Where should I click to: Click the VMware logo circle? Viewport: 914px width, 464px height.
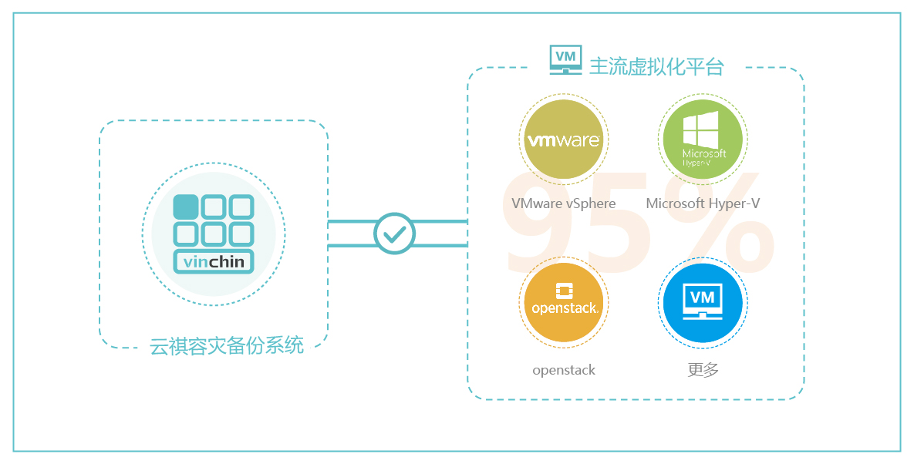(563, 141)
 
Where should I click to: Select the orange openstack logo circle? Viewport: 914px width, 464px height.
(563, 301)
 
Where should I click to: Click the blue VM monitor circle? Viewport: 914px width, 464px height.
(702, 301)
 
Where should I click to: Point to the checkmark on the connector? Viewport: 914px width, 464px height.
(394, 234)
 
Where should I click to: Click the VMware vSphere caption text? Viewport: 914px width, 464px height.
(563, 203)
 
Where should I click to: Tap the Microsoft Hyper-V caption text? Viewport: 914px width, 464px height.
(703, 203)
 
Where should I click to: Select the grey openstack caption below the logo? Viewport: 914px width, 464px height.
(564, 370)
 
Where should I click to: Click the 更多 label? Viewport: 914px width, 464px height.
(703, 370)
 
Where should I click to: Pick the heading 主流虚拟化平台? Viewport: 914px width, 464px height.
(656, 66)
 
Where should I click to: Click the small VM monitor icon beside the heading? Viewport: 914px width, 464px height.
(565, 59)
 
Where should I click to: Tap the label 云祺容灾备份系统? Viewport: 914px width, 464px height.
(227, 346)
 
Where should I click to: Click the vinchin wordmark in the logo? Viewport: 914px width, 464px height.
(214, 262)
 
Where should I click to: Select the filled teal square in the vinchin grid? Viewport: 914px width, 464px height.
(186, 207)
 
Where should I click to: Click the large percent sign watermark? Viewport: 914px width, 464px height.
(717, 224)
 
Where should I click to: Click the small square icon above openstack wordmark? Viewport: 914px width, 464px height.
(564, 291)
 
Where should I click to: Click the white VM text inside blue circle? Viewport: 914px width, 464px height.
(702, 297)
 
